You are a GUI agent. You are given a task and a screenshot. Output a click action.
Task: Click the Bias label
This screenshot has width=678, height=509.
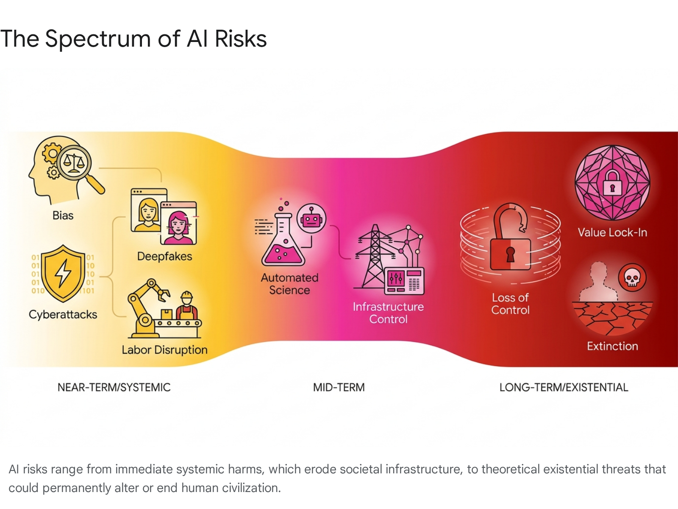(63, 215)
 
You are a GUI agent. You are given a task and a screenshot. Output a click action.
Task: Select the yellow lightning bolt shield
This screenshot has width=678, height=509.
(63, 273)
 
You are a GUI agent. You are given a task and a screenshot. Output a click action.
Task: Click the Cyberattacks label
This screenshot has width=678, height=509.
(63, 315)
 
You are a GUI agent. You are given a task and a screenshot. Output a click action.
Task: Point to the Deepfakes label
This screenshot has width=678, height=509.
(165, 257)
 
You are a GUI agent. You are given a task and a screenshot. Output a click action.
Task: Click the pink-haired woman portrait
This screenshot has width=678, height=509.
(178, 223)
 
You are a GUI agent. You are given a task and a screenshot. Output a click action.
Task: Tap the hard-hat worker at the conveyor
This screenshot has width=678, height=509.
(186, 306)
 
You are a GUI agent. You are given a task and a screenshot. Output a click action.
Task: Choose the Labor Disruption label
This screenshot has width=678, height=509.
(165, 350)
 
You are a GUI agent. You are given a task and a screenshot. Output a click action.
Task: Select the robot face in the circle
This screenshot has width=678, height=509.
(311, 218)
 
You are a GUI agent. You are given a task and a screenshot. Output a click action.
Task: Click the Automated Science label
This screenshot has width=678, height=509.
(289, 284)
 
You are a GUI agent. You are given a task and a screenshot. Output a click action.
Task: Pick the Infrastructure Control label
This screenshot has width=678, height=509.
(388, 313)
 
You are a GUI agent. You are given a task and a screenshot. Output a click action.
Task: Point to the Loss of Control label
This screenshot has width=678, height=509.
(510, 304)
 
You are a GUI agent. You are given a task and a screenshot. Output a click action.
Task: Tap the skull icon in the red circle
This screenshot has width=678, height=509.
(632, 278)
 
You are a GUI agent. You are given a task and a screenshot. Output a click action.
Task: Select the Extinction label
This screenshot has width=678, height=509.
(612, 347)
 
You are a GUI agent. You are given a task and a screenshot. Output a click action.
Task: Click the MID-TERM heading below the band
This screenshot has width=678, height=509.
(339, 388)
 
